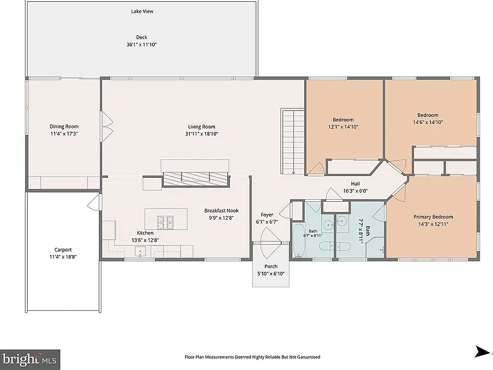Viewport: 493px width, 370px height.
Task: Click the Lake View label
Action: (x=142, y=12)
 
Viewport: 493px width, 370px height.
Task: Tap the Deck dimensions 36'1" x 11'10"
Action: (x=141, y=45)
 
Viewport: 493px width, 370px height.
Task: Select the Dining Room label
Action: (x=64, y=127)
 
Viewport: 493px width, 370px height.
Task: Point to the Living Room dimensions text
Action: (x=202, y=134)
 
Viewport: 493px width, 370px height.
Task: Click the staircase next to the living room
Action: (x=293, y=141)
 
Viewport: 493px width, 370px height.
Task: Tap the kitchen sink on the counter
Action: (x=140, y=251)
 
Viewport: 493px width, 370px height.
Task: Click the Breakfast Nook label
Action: (x=221, y=211)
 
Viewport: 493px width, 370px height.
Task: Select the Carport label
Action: (x=63, y=250)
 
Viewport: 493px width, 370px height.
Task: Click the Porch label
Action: (x=271, y=267)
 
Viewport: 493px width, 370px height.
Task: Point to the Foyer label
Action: (x=266, y=215)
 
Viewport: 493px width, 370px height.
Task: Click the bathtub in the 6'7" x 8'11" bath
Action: (x=298, y=240)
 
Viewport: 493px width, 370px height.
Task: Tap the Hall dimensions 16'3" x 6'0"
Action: (x=355, y=191)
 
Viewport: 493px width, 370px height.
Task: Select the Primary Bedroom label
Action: (x=433, y=216)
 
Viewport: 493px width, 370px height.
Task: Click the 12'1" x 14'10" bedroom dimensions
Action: (x=343, y=127)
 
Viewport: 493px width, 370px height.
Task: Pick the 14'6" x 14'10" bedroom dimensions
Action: (x=428, y=122)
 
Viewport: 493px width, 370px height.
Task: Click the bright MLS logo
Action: (x=30, y=359)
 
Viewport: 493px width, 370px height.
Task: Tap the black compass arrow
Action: (x=482, y=351)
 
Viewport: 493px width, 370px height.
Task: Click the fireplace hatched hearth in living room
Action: (x=195, y=179)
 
